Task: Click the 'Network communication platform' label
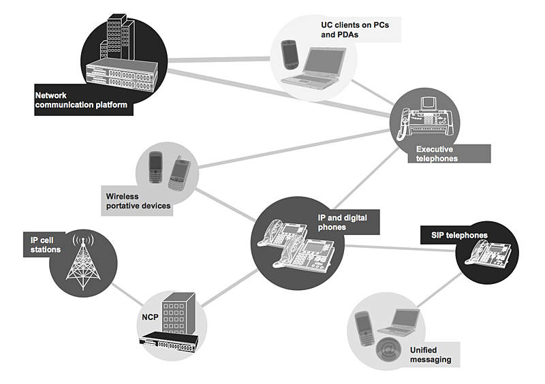pyautogui.click(x=81, y=101)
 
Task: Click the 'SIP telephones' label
pyautogui.click(x=459, y=236)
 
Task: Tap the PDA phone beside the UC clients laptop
pyautogui.click(x=290, y=54)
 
